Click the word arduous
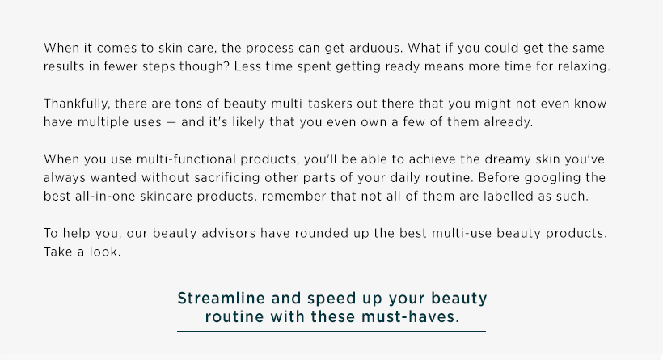(376, 48)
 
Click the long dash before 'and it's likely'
(171, 123)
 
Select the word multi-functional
(186, 159)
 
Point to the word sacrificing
(227, 178)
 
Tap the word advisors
(228, 234)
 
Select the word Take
(58, 252)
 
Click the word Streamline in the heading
(222, 299)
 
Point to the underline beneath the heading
(331, 331)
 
